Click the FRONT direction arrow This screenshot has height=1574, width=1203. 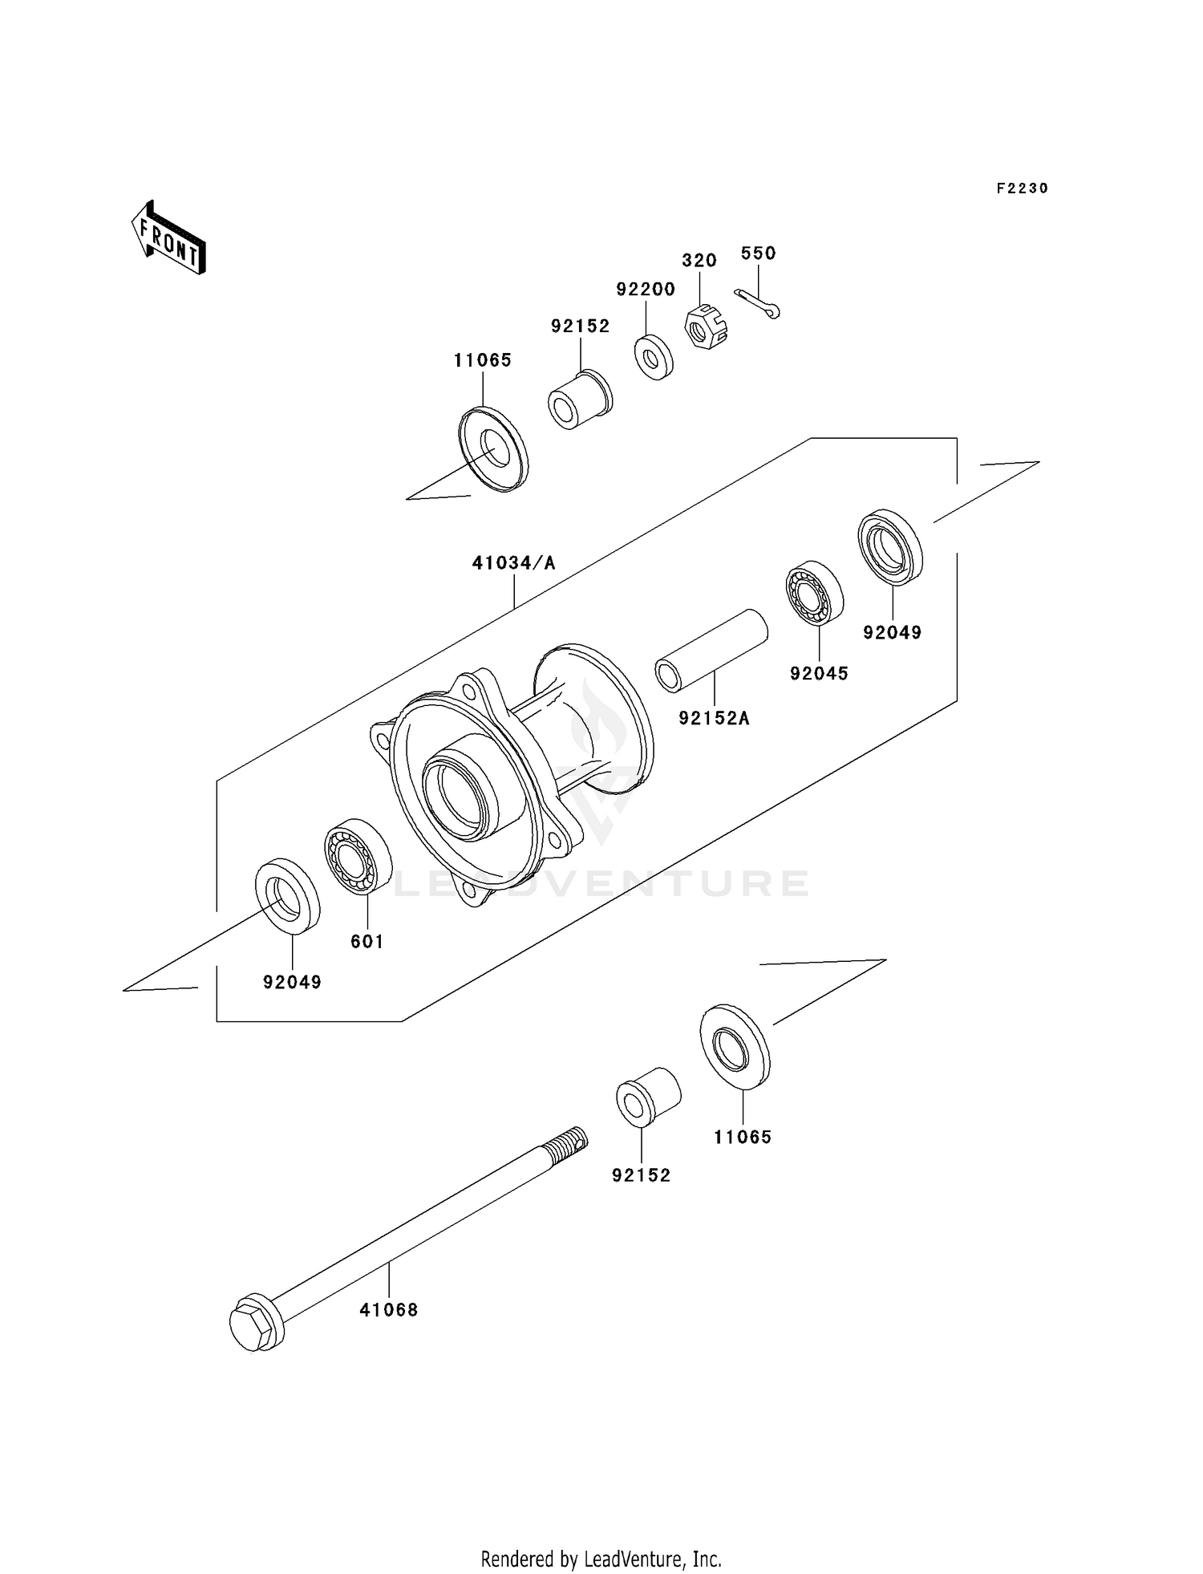coord(168,238)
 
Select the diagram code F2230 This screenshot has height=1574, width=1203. coord(1022,189)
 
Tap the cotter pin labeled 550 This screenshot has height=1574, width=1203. coord(757,303)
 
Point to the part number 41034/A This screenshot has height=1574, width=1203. coord(513,563)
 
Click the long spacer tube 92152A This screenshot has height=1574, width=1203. coord(711,650)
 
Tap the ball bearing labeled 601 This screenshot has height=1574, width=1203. coord(356,857)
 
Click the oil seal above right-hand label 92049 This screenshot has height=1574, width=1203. coord(889,547)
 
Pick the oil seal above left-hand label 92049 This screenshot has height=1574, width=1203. coord(287,896)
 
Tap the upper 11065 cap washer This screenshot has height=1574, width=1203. coord(493,449)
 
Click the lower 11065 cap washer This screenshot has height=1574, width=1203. coord(735,1046)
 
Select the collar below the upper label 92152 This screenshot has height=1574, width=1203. coord(579,400)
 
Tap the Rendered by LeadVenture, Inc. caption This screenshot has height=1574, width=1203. coord(601,1559)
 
